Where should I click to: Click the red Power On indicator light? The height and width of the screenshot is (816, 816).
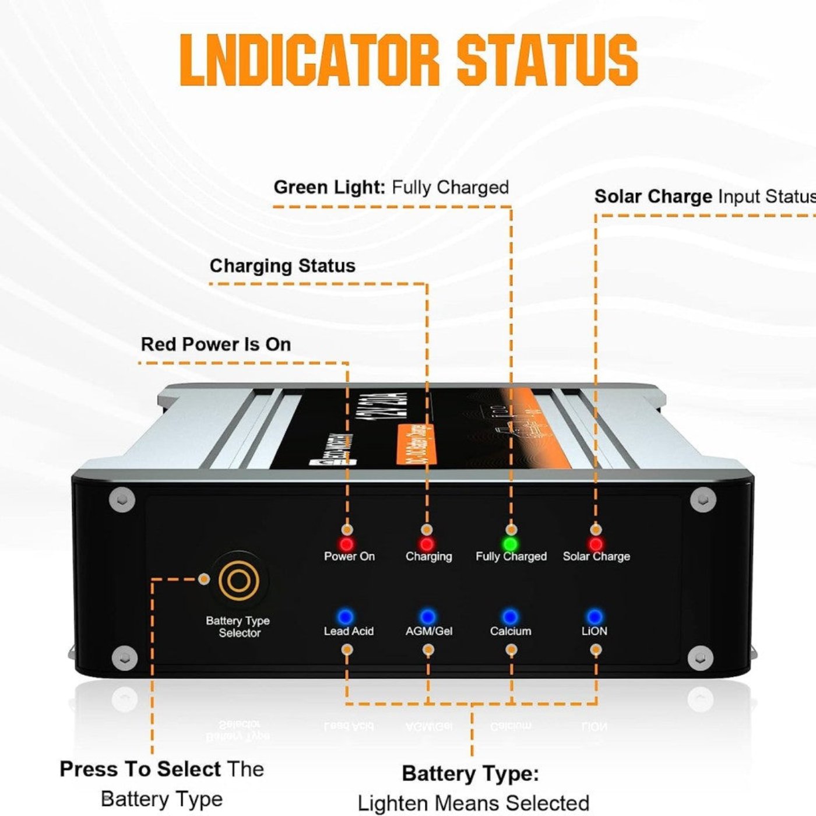(x=347, y=544)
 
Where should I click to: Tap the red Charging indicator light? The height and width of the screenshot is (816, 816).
(x=427, y=544)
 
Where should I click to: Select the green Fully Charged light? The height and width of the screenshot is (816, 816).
(x=511, y=544)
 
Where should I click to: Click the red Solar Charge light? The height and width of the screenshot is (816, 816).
(x=596, y=544)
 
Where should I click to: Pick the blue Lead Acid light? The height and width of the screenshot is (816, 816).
(x=346, y=617)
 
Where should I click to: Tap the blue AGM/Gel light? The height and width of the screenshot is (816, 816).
(x=428, y=617)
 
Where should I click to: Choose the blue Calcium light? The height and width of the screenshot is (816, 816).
(x=510, y=617)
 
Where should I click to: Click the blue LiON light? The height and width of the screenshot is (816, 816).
(x=595, y=617)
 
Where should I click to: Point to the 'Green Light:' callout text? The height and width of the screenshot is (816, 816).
(x=329, y=187)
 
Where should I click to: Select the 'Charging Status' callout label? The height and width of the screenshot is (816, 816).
(x=282, y=266)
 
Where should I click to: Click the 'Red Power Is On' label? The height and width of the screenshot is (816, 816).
(x=216, y=344)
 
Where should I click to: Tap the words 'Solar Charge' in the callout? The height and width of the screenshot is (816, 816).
(x=653, y=196)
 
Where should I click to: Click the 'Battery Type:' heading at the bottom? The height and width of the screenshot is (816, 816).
(x=470, y=773)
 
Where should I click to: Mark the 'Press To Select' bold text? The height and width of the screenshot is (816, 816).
(x=140, y=769)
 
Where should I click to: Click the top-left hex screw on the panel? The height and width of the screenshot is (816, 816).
(x=122, y=500)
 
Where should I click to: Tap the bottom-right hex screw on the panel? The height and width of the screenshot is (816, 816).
(x=700, y=659)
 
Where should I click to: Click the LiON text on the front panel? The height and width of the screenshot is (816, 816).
(x=594, y=631)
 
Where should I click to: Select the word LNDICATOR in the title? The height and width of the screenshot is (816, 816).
(x=309, y=59)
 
